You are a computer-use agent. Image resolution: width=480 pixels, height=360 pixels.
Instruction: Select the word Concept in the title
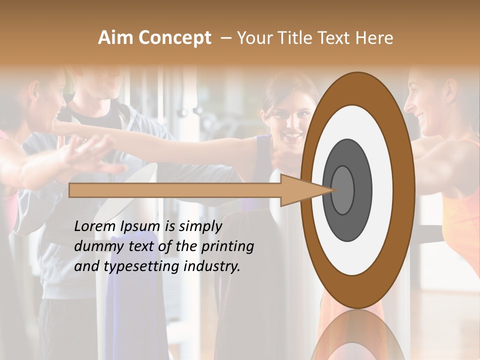coord(174,38)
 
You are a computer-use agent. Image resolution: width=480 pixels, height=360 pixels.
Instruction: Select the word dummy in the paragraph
coord(96,246)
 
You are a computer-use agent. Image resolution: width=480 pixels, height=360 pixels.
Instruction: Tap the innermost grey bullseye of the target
coord(342,190)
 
